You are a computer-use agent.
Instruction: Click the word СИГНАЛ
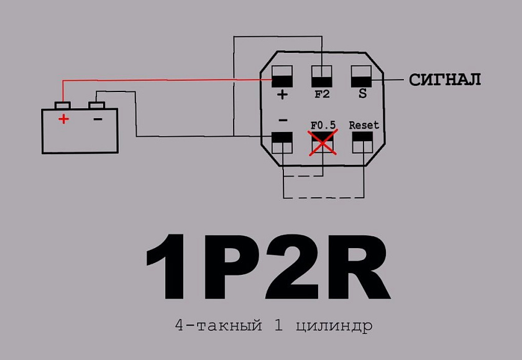click(x=445, y=80)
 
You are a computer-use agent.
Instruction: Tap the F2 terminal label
click(x=322, y=95)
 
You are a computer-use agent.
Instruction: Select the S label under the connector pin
click(x=362, y=94)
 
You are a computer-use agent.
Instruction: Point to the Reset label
click(x=364, y=125)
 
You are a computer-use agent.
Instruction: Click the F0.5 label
click(x=323, y=125)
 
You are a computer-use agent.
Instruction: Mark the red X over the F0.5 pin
click(x=323, y=142)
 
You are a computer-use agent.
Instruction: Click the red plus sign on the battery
click(x=63, y=119)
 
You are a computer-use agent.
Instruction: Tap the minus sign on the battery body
click(x=98, y=119)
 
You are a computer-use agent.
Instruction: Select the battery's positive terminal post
click(x=63, y=105)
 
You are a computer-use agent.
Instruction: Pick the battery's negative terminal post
click(x=96, y=105)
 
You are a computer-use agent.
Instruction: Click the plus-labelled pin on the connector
click(x=282, y=76)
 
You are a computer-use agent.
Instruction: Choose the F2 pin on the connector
click(x=322, y=76)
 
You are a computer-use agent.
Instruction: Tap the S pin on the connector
click(x=361, y=76)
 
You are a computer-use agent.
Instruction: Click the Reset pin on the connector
click(x=362, y=142)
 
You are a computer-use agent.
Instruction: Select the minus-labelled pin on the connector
click(x=282, y=142)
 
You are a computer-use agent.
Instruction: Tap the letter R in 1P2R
click(x=358, y=266)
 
